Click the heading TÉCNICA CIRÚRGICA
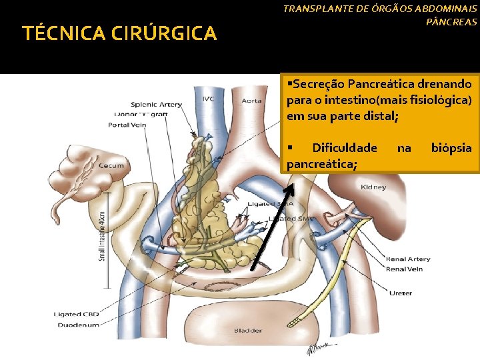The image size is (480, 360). click(119, 33)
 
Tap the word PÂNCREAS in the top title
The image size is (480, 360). click(451, 23)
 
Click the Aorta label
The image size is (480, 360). click(251, 101)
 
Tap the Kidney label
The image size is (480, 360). click(373, 187)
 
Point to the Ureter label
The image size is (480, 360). click(401, 293)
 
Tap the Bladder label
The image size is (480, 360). click(247, 330)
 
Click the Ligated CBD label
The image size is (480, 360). click(77, 315)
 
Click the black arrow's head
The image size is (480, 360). click(290, 185)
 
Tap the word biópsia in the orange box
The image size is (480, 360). click(451, 147)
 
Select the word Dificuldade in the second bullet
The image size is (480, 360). click(344, 147)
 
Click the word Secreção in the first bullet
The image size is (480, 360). click(318, 85)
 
